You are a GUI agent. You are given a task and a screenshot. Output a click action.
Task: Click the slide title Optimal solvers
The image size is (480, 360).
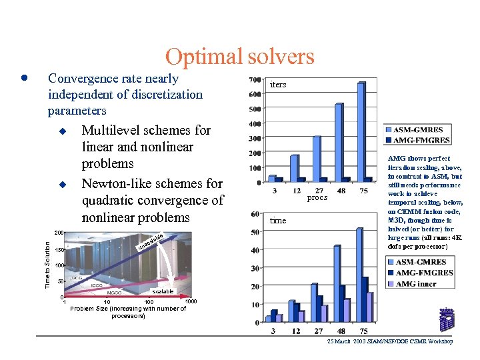click(x=239, y=57)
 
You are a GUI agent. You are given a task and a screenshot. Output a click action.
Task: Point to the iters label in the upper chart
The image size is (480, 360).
click(x=278, y=85)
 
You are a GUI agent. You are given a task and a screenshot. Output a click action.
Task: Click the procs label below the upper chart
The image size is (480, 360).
click(x=317, y=198)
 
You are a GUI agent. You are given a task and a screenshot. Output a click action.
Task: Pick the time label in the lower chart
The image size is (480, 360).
click(x=278, y=221)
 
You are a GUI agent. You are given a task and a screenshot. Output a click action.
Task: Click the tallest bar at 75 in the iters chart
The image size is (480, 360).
click(x=361, y=131)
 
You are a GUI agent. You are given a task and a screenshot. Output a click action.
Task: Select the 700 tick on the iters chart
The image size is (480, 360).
click(x=254, y=80)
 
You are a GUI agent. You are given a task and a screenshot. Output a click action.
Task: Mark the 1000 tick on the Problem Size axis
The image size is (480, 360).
click(x=191, y=302)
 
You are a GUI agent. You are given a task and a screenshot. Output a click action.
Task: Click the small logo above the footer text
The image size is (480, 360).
click(x=446, y=320)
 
